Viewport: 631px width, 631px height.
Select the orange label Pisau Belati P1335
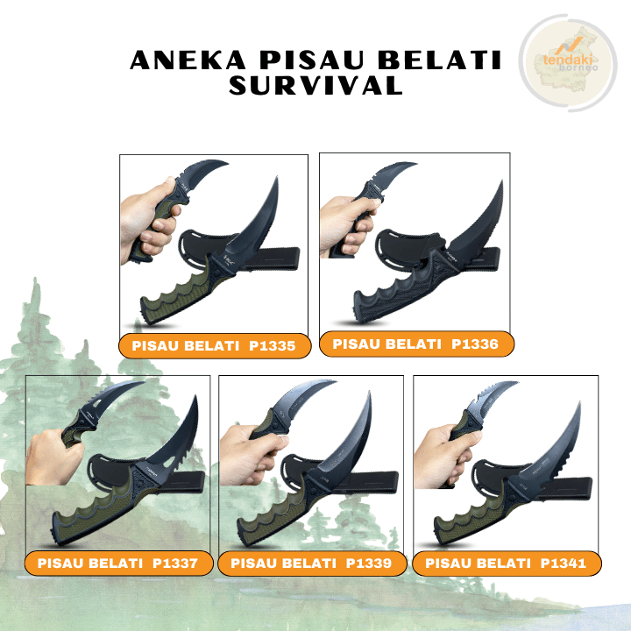(215, 346)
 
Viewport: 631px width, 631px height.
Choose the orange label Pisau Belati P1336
(415, 344)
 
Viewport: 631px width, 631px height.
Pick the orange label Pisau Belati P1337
(118, 563)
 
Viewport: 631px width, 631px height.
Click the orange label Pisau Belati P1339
(311, 563)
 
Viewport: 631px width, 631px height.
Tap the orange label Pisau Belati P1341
(506, 563)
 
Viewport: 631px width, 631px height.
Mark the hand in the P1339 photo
(251, 456)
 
